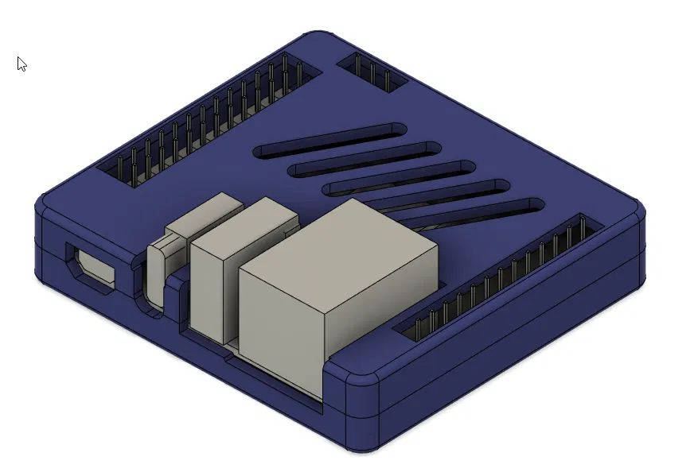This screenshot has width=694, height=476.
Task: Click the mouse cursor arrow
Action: [x=21, y=64]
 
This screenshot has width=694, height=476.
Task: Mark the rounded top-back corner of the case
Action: [x=318, y=40]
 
